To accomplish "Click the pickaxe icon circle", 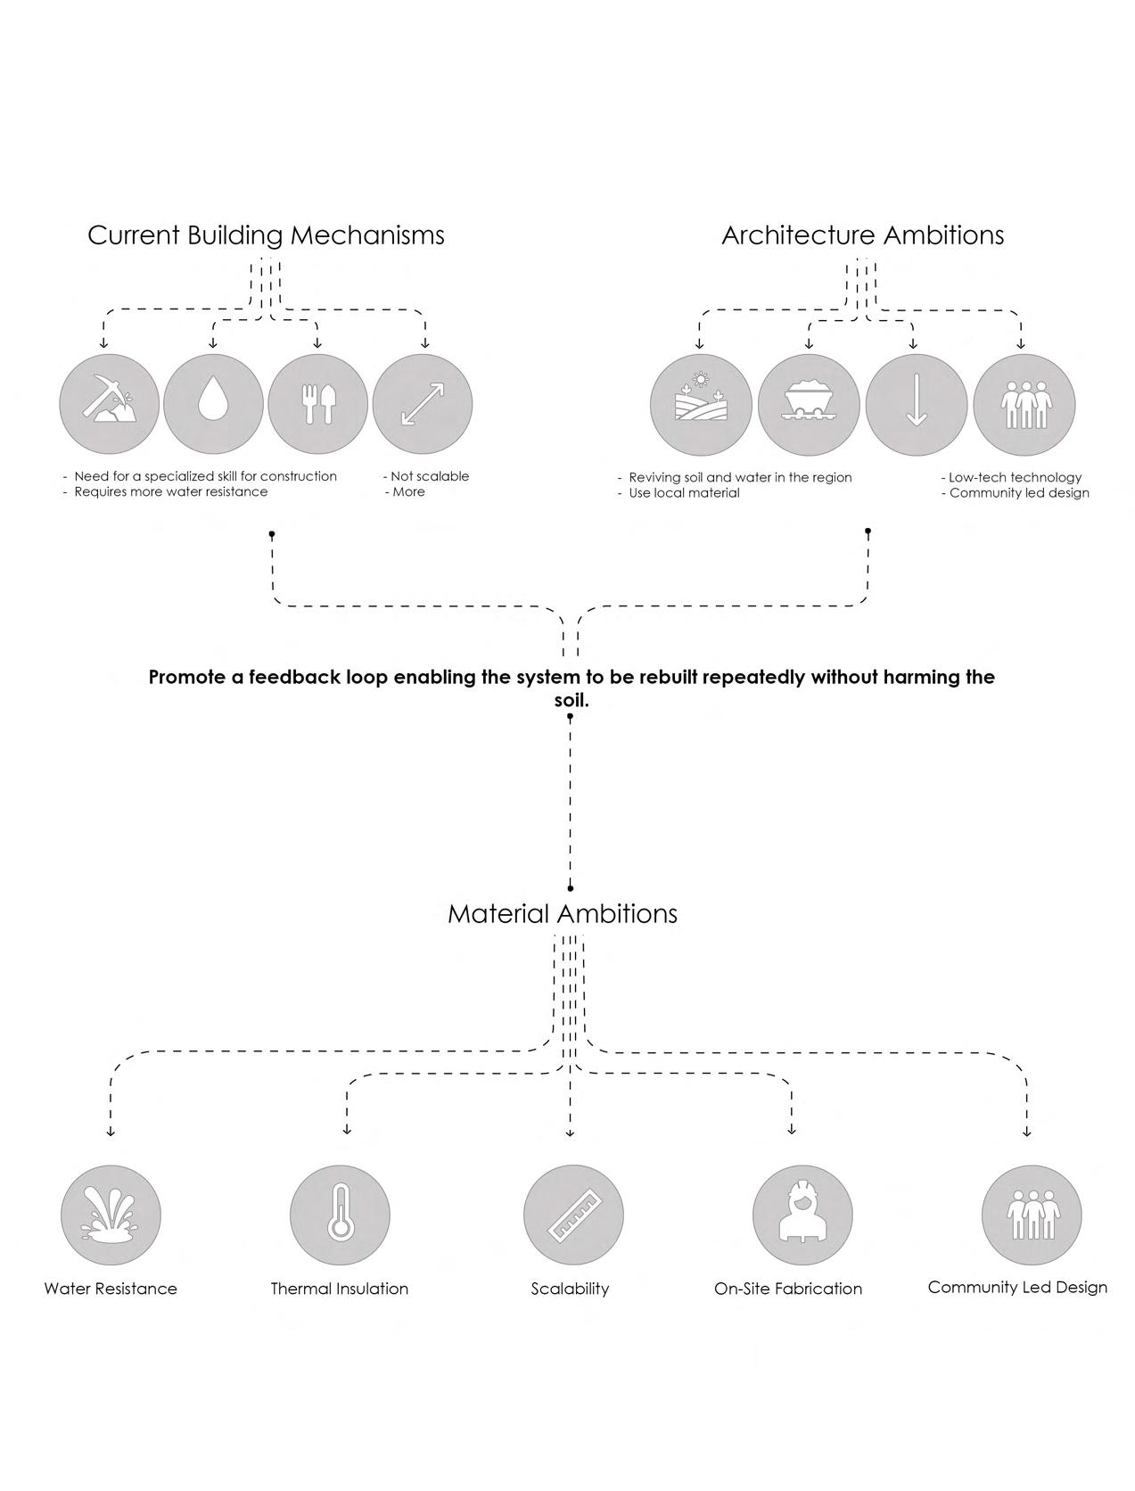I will [110, 404].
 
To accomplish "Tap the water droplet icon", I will [213, 404].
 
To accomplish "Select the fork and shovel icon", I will [317, 404].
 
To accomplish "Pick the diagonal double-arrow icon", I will [423, 404].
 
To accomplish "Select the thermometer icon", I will [340, 1214].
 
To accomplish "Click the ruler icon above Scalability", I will [573, 1214].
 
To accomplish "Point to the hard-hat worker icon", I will [802, 1214].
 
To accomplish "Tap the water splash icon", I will [111, 1214].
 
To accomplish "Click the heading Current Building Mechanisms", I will [266, 235].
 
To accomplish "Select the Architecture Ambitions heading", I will [862, 235].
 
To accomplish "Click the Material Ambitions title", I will [563, 914].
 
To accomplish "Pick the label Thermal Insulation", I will [340, 1289].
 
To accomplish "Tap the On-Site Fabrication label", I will [788, 1289].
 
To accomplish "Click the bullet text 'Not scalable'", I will [429, 476].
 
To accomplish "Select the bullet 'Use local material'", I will [684, 493].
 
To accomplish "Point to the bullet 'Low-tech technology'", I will [1015, 477].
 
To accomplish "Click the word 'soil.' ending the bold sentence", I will [572, 700].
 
